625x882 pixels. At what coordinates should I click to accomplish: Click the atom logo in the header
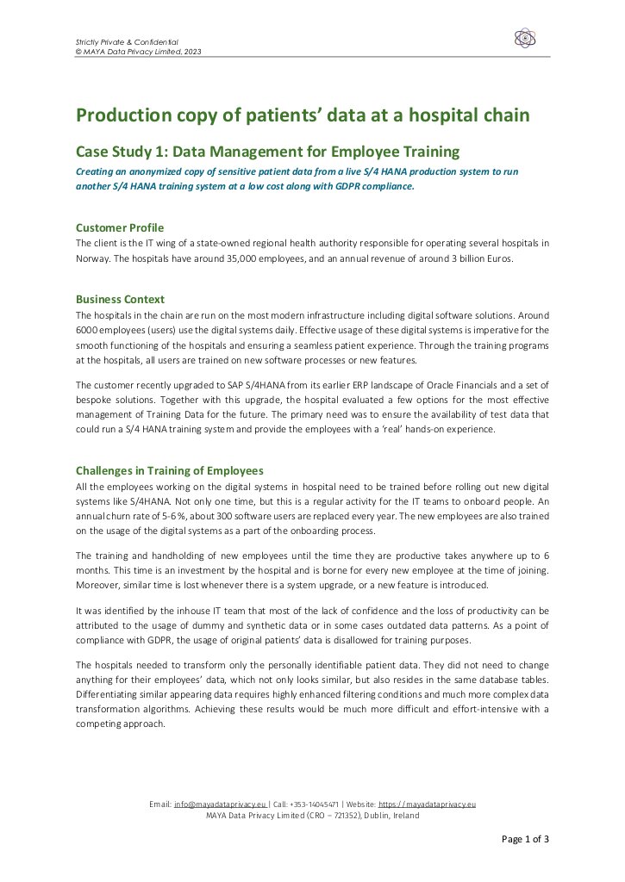pos(524,38)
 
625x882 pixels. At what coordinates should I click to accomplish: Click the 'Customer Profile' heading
pos(120,227)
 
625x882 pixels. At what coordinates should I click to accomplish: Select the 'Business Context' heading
pos(120,299)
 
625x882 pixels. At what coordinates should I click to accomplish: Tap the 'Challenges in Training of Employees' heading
pos(169,470)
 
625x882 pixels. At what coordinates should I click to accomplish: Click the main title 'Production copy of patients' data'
pos(302,115)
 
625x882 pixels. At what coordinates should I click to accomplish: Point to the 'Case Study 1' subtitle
pos(267,152)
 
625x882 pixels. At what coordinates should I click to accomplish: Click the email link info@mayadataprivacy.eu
pos(219,804)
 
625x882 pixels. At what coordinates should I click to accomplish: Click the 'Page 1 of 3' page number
pos(525,839)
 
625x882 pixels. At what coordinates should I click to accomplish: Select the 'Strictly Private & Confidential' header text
pos(127,42)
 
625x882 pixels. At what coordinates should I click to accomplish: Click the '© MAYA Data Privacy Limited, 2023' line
pos(139,52)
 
